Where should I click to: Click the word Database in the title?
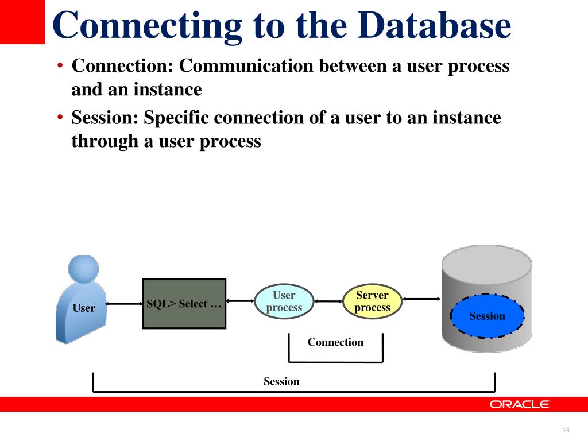point(434,25)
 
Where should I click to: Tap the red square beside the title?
point(22,22)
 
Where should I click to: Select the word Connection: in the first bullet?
point(123,66)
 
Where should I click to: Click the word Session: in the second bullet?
point(105,118)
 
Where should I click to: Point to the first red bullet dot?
point(60,66)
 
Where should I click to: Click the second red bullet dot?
point(60,118)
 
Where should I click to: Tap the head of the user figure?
point(84,269)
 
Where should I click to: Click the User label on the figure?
point(84,308)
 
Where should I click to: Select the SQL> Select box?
point(184,304)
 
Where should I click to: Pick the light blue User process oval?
point(284,301)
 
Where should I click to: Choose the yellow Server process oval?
point(372,301)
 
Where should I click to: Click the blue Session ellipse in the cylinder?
point(487,316)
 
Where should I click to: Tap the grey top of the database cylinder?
point(487,265)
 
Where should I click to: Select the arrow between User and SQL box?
point(124,303)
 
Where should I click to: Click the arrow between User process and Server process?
point(328,301)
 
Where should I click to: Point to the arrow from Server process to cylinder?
point(421,299)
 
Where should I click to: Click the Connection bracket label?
point(335,342)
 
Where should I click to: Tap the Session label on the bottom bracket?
point(281,381)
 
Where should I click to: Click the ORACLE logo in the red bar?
point(519,404)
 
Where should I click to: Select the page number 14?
point(566,430)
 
